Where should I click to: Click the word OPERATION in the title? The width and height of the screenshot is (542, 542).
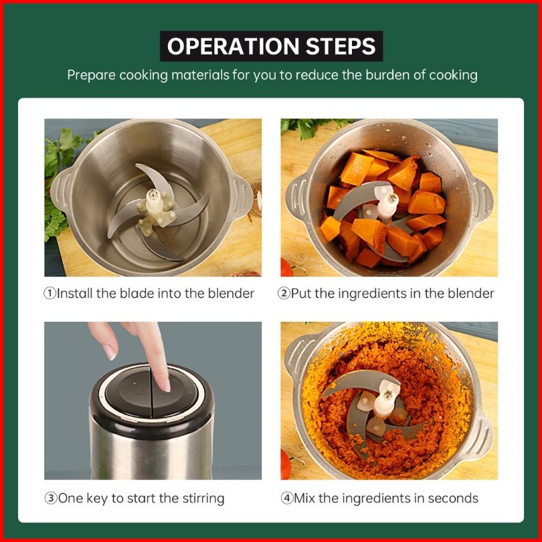(233, 46)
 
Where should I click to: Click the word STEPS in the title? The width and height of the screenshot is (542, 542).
(341, 46)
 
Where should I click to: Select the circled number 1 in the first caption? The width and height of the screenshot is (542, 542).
(50, 294)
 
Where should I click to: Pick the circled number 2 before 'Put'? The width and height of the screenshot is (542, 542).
(284, 294)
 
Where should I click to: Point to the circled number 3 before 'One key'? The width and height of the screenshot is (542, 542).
(51, 499)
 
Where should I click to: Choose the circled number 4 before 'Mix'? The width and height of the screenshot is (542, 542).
(287, 499)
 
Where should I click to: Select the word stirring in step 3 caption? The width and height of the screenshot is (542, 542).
(203, 499)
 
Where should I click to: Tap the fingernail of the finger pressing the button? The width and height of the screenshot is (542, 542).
(166, 385)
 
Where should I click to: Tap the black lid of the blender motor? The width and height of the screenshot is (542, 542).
(152, 397)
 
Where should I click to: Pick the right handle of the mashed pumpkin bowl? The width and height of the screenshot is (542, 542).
(482, 436)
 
